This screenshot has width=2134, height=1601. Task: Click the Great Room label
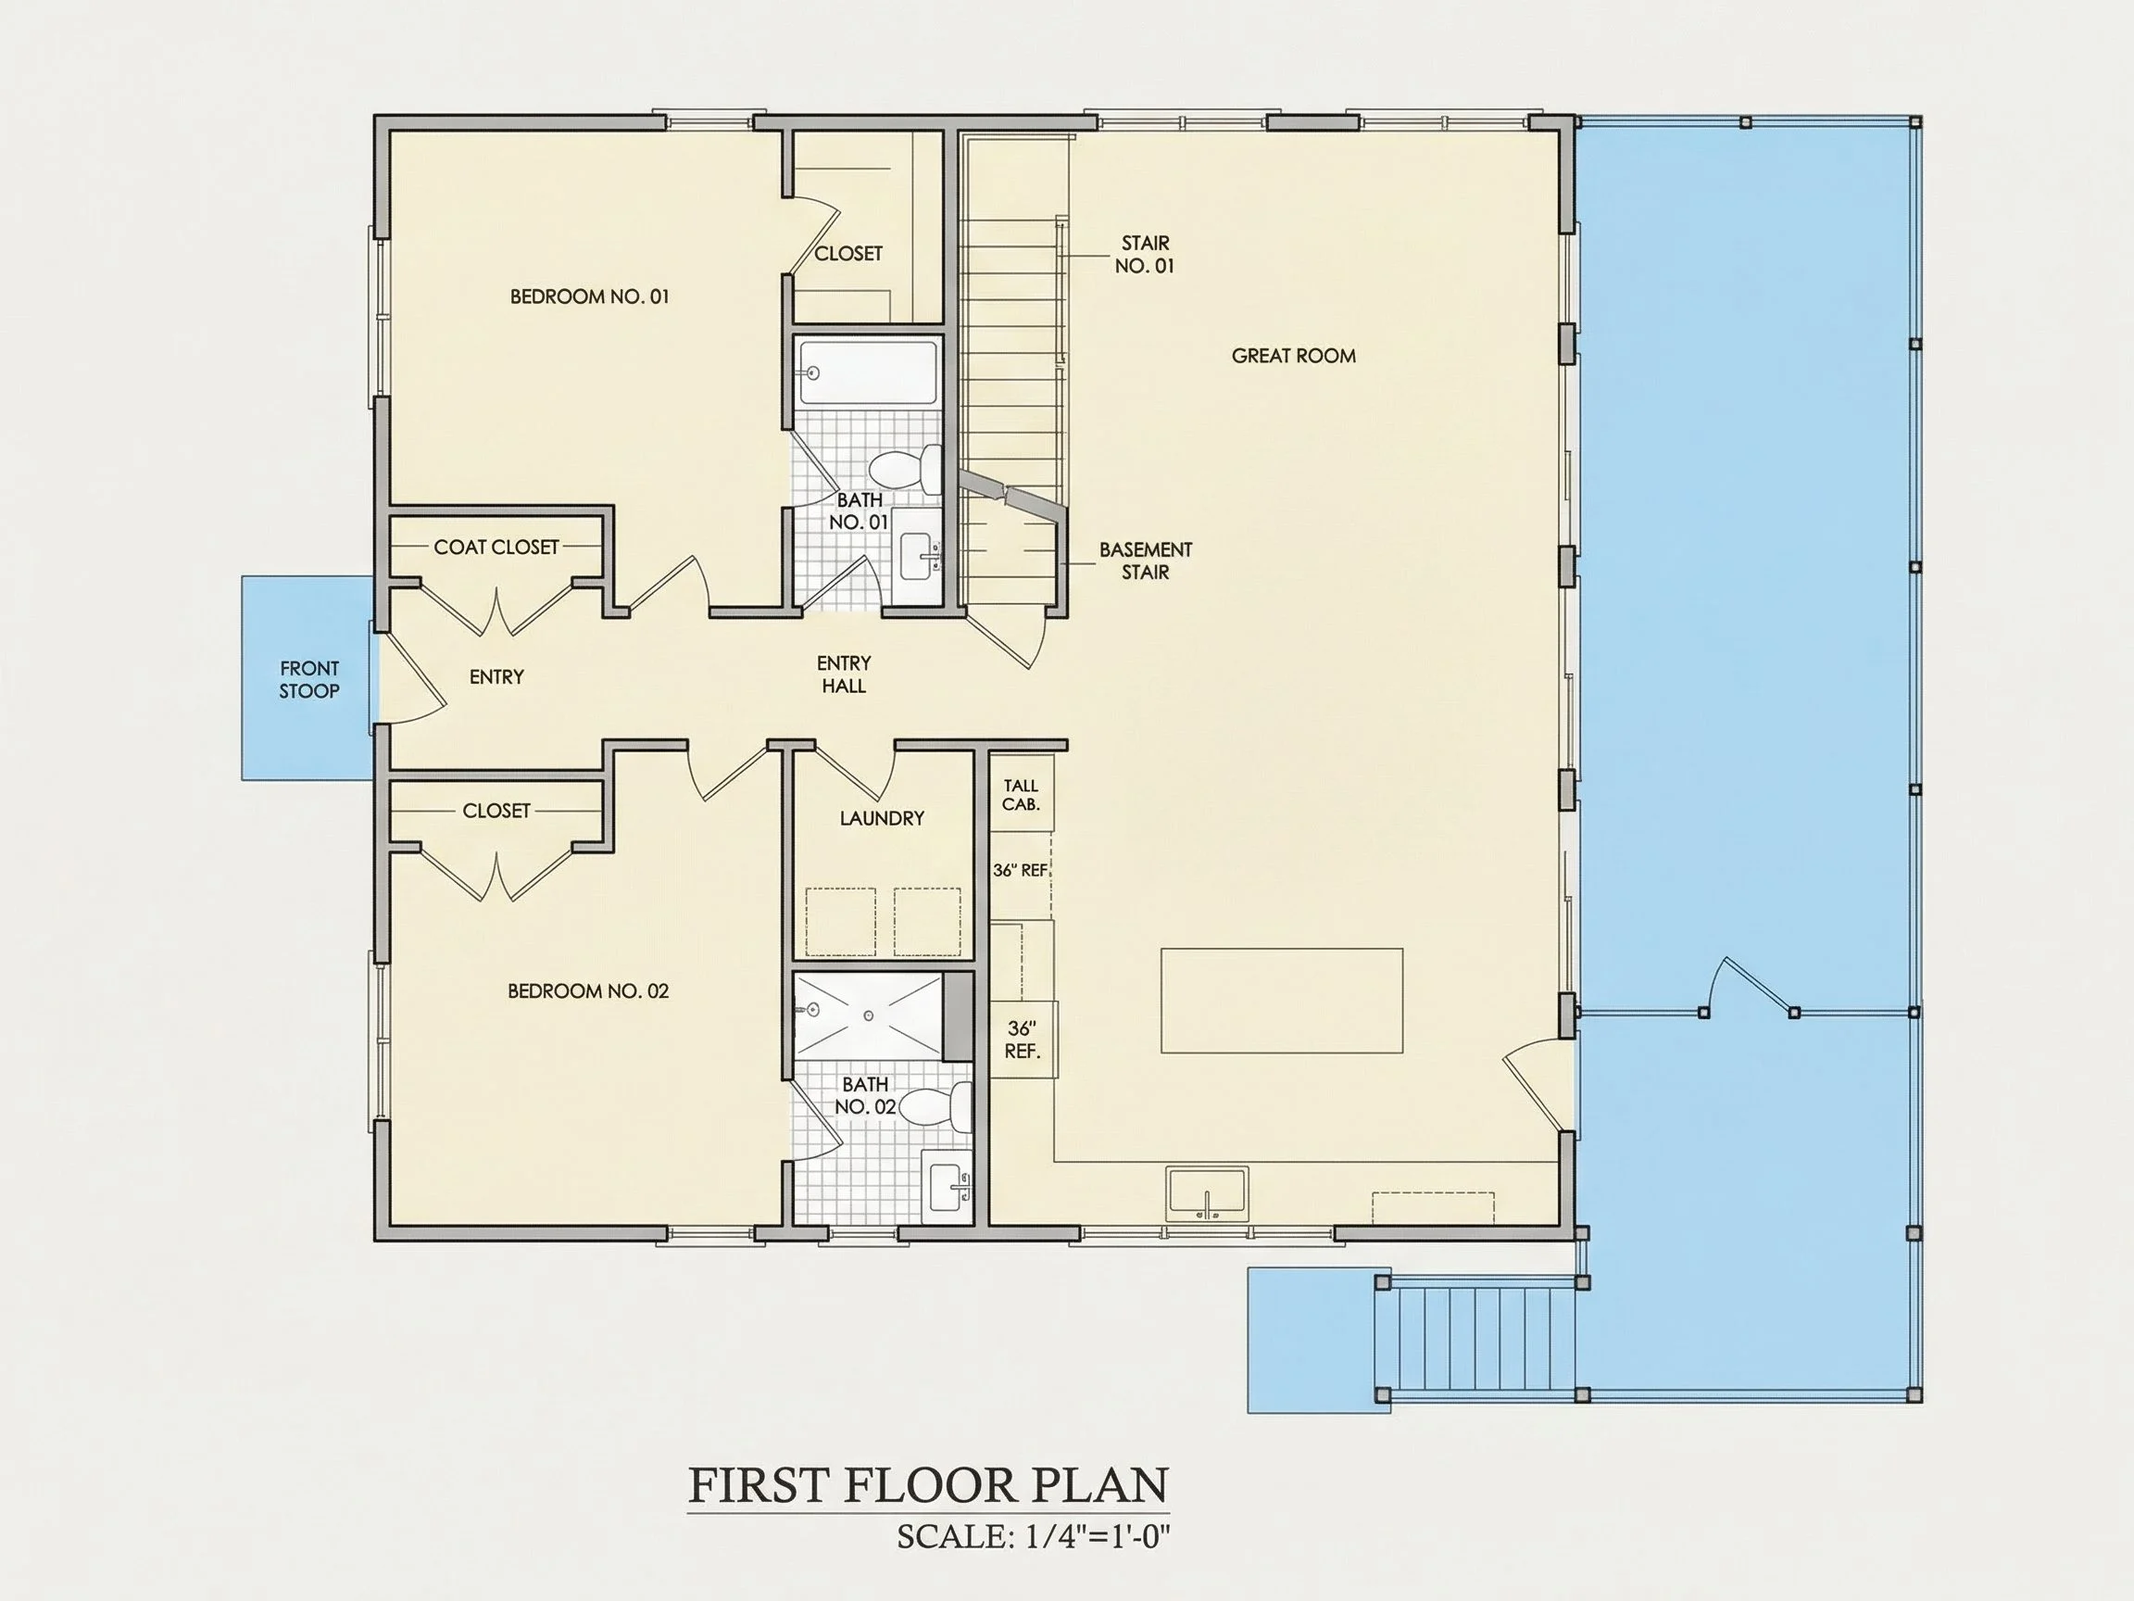(x=1293, y=356)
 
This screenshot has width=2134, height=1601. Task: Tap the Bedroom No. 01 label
(x=588, y=296)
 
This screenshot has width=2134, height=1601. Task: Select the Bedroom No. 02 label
(x=587, y=990)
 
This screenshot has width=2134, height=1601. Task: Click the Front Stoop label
(x=308, y=679)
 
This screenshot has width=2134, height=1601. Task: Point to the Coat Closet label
(x=496, y=548)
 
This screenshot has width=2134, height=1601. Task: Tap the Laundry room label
(x=882, y=818)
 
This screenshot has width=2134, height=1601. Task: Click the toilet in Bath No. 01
(x=906, y=469)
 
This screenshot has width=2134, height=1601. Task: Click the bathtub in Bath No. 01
(x=868, y=372)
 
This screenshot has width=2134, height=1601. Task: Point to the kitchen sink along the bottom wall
(x=1207, y=1193)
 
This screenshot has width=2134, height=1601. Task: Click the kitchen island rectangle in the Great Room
(x=1281, y=1000)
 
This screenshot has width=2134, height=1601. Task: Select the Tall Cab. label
(x=1021, y=795)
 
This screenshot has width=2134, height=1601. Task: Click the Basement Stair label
(x=1146, y=561)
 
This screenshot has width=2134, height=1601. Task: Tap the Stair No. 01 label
(x=1145, y=254)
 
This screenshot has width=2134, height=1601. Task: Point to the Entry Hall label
(x=843, y=674)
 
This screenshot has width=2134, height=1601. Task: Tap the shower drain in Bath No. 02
(x=868, y=1016)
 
